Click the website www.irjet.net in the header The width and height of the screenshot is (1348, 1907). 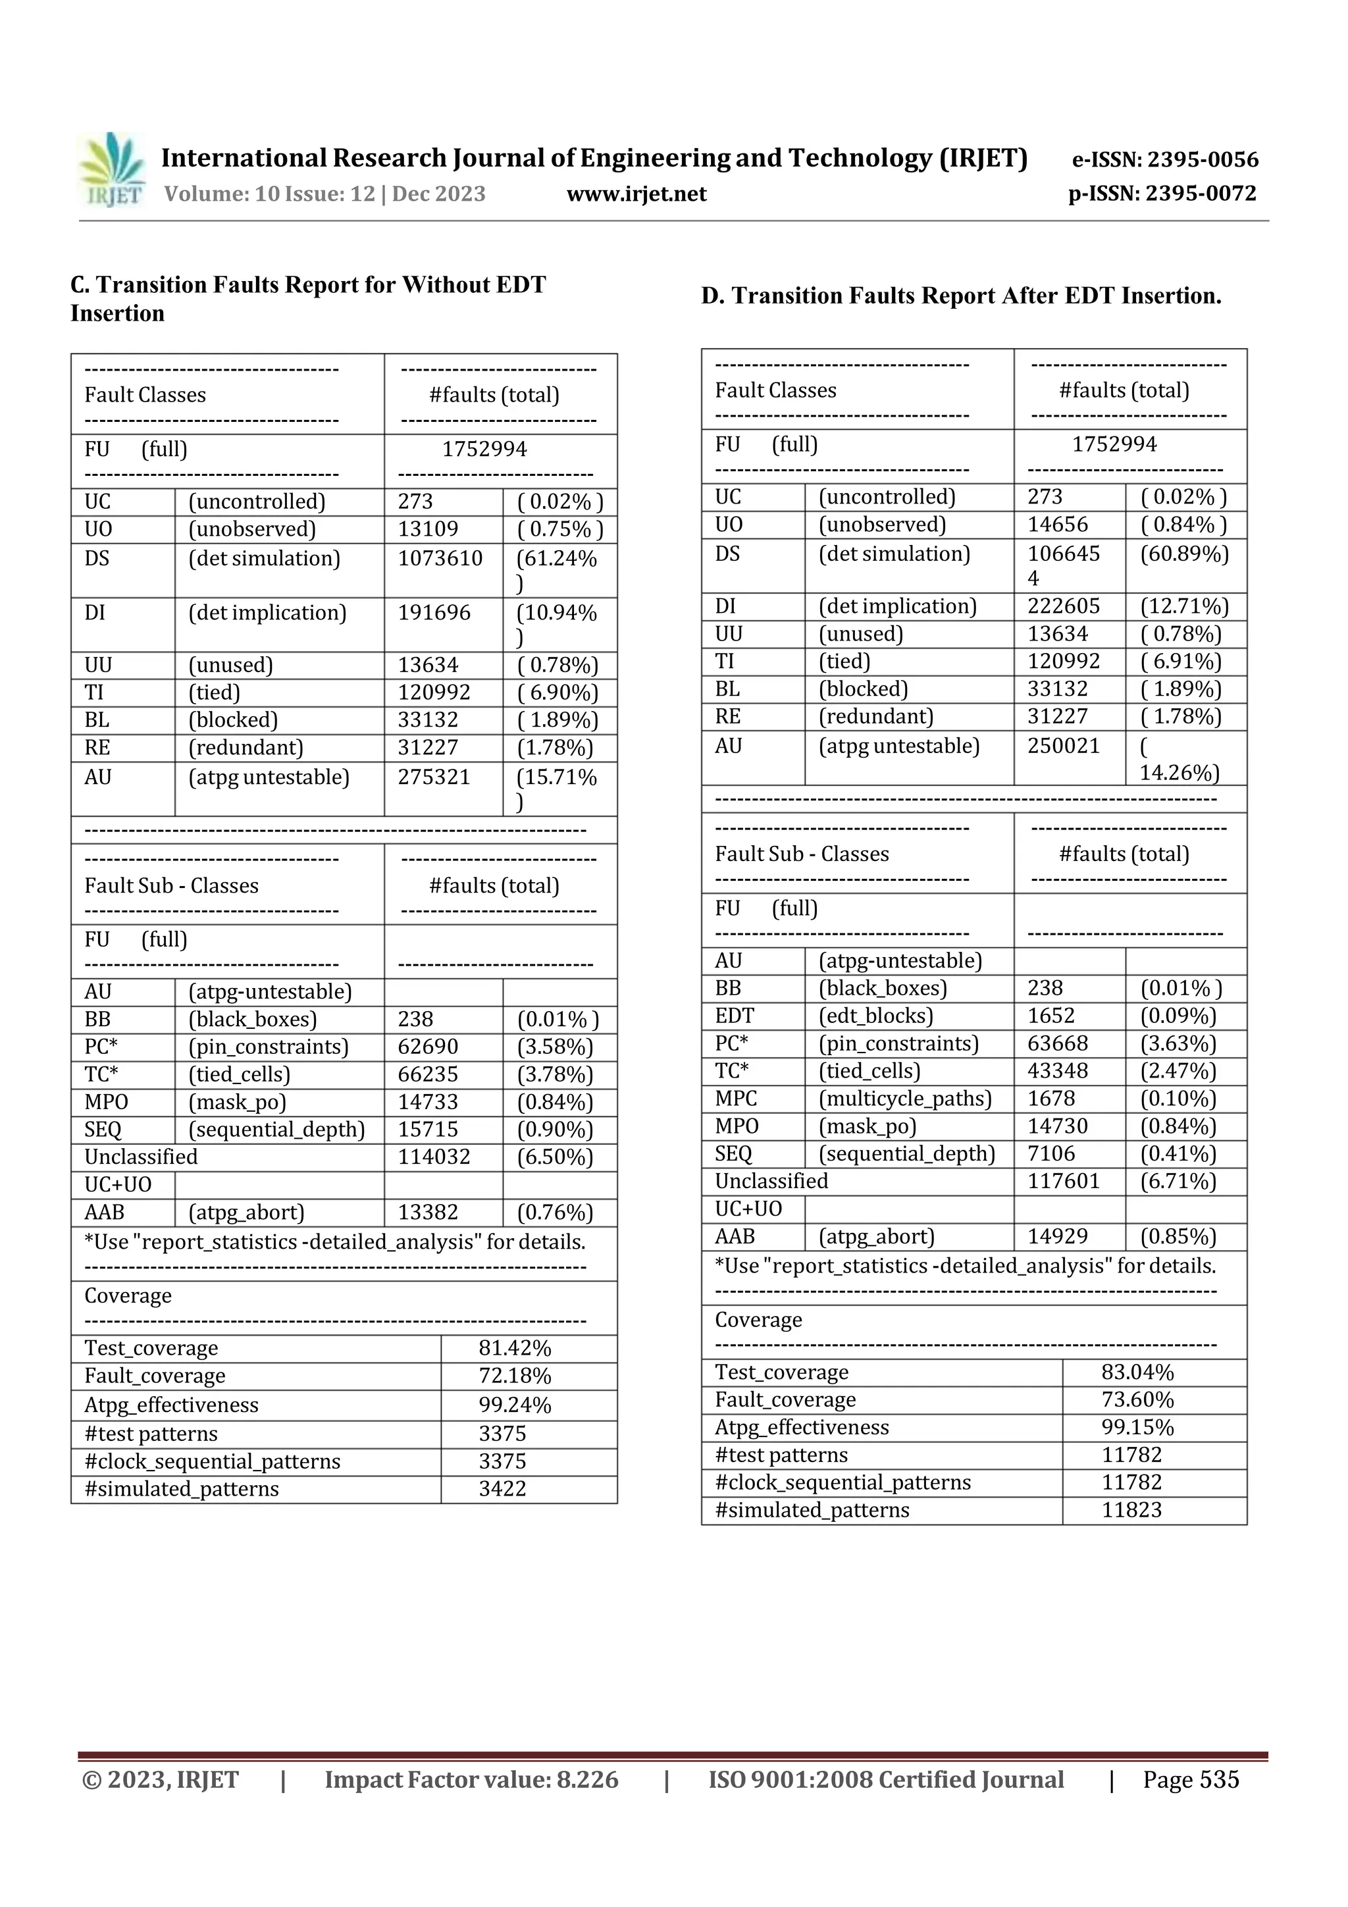pos(636,194)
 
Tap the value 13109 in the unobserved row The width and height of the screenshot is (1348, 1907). pos(428,529)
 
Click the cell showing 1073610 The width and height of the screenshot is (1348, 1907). pos(440,558)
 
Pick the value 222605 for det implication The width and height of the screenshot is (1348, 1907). pos(1063,606)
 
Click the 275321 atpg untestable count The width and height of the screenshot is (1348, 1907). pos(434,777)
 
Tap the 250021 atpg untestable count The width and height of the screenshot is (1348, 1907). pos(1063,746)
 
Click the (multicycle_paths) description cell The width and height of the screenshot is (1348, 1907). pos(905,1099)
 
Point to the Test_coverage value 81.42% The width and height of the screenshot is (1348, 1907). pos(515,1348)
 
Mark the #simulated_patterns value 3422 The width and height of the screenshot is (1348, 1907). pos(502,1488)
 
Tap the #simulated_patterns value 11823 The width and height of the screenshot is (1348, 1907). pos(1131,1510)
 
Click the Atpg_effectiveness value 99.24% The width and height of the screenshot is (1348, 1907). pos(515,1405)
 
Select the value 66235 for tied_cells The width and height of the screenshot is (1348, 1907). pos(428,1075)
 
